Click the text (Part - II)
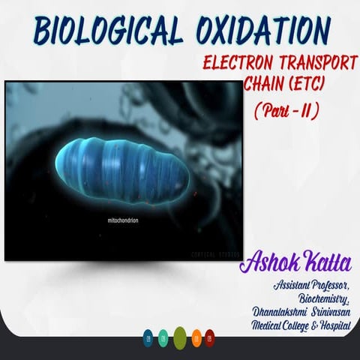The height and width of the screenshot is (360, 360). pos(286,110)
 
